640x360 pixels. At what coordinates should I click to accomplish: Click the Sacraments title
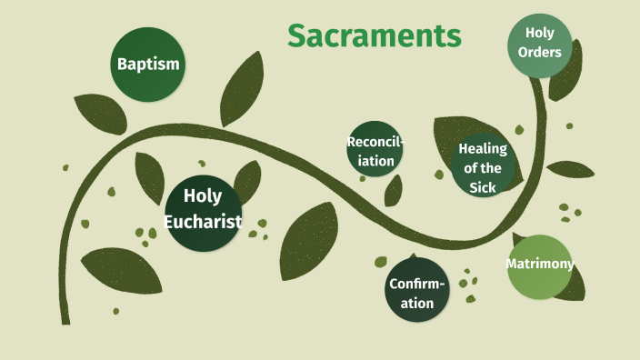pyautogui.click(x=375, y=35)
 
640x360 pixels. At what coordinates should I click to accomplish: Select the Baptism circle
pyautogui.click(x=148, y=65)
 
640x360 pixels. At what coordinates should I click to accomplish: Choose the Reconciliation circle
pyautogui.click(x=375, y=149)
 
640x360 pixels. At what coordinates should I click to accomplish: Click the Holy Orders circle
pyautogui.click(x=539, y=43)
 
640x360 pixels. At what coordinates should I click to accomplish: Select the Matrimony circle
pyautogui.click(x=540, y=265)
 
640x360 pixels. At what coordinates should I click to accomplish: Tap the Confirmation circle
pyautogui.click(x=417, y=290)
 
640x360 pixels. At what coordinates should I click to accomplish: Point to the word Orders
pyautogui.click(x=539, y=53)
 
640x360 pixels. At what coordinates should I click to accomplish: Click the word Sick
pyautogui.click(x=483, y=187)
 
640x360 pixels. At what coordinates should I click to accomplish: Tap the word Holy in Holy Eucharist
pyautogui.click(x=203, y=195)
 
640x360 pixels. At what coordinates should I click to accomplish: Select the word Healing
pyautogui.click(x=483, y=149)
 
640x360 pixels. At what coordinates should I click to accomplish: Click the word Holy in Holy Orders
pyautogui.click(x=539, y=33)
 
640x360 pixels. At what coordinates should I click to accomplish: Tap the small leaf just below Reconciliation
pyautogui.click(x=394, y=190)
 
